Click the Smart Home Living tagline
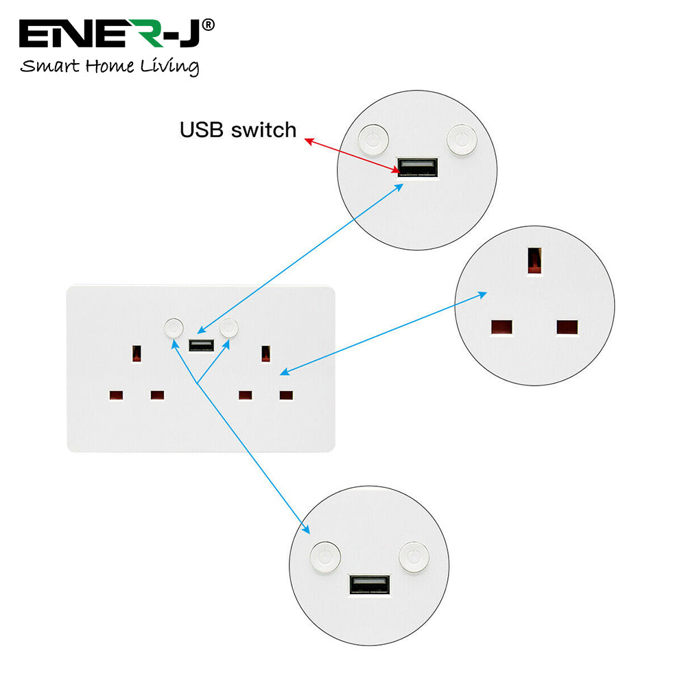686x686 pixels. pyautogui.click(x=110, y=67)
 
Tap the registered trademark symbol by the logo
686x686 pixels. pyautogui.click(x=209, y=25)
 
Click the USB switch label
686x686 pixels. pyautogui.click(x=238, y=130)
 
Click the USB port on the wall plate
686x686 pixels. pyautogui.click(x=200, y=344)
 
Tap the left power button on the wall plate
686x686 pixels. pyautogui.click(x=174, y=328)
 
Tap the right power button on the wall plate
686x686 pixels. pyautogui.click(x=228, y=328)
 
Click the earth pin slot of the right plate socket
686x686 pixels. pyautogui.click(x=265, y=354)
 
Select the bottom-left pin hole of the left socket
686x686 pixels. pyautogui.click(x=115, y=395)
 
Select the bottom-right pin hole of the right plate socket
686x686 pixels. pyautogui.click(x=286, y=395)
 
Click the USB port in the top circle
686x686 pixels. pyautogui.click(x=417, y=167)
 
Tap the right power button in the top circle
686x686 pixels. pyautogui.click(x=460, y=139)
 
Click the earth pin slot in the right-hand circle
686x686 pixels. pyautogui.click(x=533, y=261)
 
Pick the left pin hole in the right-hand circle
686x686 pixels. pyautogui.click(x=501, y=327)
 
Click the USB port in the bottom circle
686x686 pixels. pyautogui.click(x=369, y=584)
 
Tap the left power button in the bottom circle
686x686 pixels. pyautogui.click(x=324, y=556)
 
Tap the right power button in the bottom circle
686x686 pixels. pyautogui.click(x=413, y=556)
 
